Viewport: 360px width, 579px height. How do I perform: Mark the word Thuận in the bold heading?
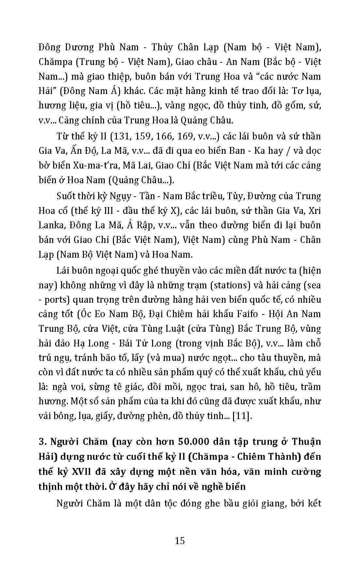point(306,442)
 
